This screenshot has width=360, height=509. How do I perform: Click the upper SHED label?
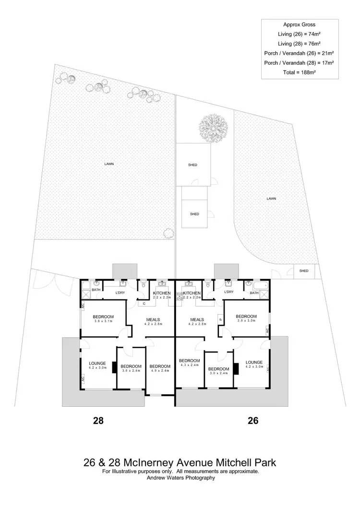(x=193, y=165)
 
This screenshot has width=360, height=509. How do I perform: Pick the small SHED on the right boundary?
(x=304, y=271)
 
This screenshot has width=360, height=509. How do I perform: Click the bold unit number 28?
(x=98, y=421)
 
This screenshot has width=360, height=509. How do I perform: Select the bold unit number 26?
(x=253, y=421)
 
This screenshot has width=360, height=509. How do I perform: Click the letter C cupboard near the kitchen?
(x=144, y=303)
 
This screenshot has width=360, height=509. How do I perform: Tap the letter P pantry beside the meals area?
(x=220, y=318)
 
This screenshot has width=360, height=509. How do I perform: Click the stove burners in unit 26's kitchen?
(x=179, y=296)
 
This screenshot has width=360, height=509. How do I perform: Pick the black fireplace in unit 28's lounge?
(x=114, y=367)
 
